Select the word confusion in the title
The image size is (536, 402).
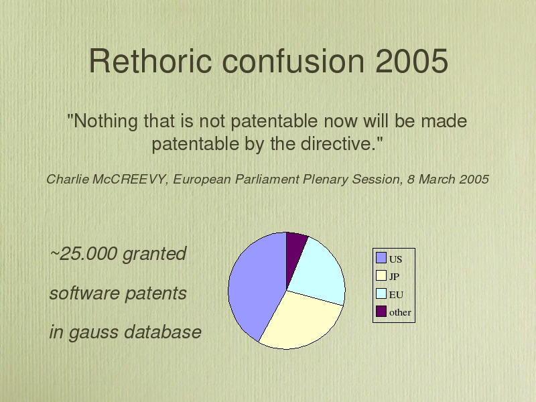(x=293, y=60)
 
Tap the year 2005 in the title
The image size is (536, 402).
(x=411, y=60)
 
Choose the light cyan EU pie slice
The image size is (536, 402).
(x=318, y=273)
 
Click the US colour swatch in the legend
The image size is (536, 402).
(x=381, y=258)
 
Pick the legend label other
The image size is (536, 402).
(x=400, y=312)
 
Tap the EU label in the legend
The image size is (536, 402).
(x=396, y=295)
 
